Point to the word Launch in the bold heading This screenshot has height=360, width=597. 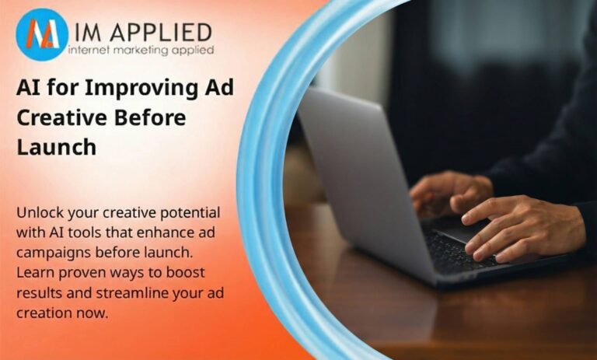point(56,147)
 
